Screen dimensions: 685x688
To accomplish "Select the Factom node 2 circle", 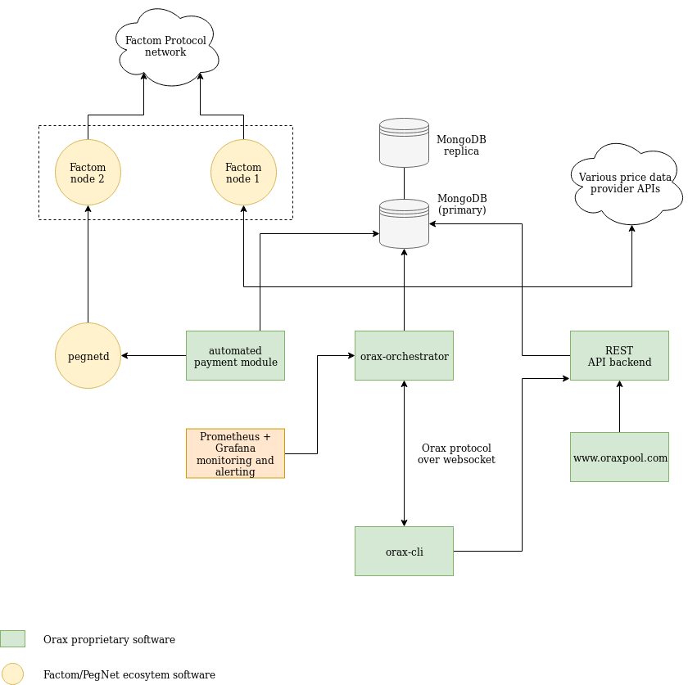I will tap(88, 173).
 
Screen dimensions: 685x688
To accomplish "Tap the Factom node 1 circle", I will tap(243, 173).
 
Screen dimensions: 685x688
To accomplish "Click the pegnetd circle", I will tap(88, 356).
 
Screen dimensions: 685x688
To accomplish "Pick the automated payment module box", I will tap(235, 355).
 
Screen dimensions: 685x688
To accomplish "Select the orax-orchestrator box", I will tap(404, 355).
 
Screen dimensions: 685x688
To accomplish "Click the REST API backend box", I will tap(619, 355).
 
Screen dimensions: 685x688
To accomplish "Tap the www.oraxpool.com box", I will tap(619, 457).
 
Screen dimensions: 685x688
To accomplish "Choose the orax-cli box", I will tap(404, 551).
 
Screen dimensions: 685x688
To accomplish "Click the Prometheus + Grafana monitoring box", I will tap(235, 453).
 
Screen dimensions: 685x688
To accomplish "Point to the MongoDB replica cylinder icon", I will tap(404, 142).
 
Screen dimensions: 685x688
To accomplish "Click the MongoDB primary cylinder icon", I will tap(404, 223).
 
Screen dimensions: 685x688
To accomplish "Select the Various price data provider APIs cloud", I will tap(626, 183).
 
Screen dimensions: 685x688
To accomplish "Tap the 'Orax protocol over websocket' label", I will tap(456, 453).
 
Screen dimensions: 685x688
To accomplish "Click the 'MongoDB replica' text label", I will tap(461, 145).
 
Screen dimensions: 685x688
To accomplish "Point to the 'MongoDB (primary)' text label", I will tap(462, 204).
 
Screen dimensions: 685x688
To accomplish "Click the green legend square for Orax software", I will tap(12, 638).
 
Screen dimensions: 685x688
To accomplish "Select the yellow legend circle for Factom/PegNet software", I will tap(12, 674).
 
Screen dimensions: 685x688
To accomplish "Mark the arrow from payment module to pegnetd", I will tap(153, 356).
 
